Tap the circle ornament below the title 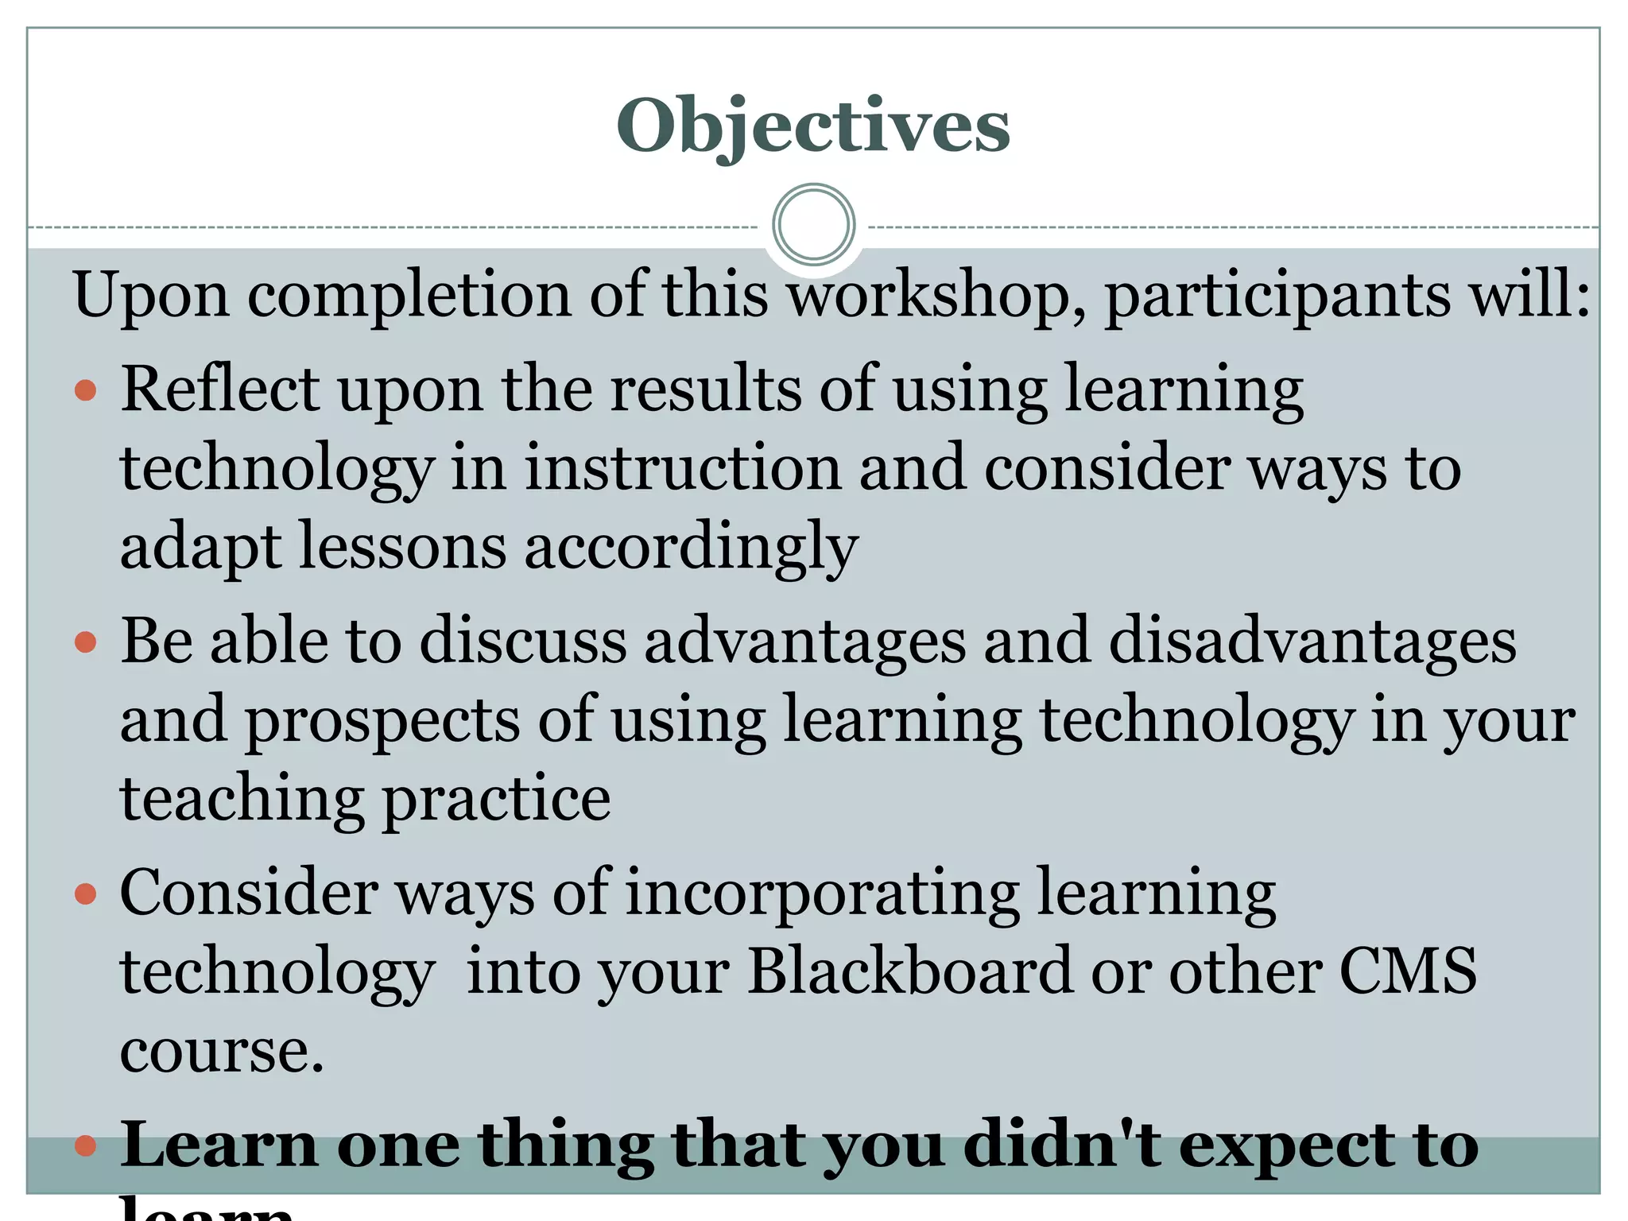coord(813,224)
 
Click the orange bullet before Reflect coord(85,390)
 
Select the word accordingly coord(691,548)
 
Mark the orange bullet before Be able coord(85,642)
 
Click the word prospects coord(382,720)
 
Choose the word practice coord(497,799)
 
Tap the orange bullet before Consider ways coord(85,894)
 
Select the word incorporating coord(822,893)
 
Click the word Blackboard coord(911,971)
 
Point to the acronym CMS coord(1408,971)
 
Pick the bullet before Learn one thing coord(85,1145)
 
